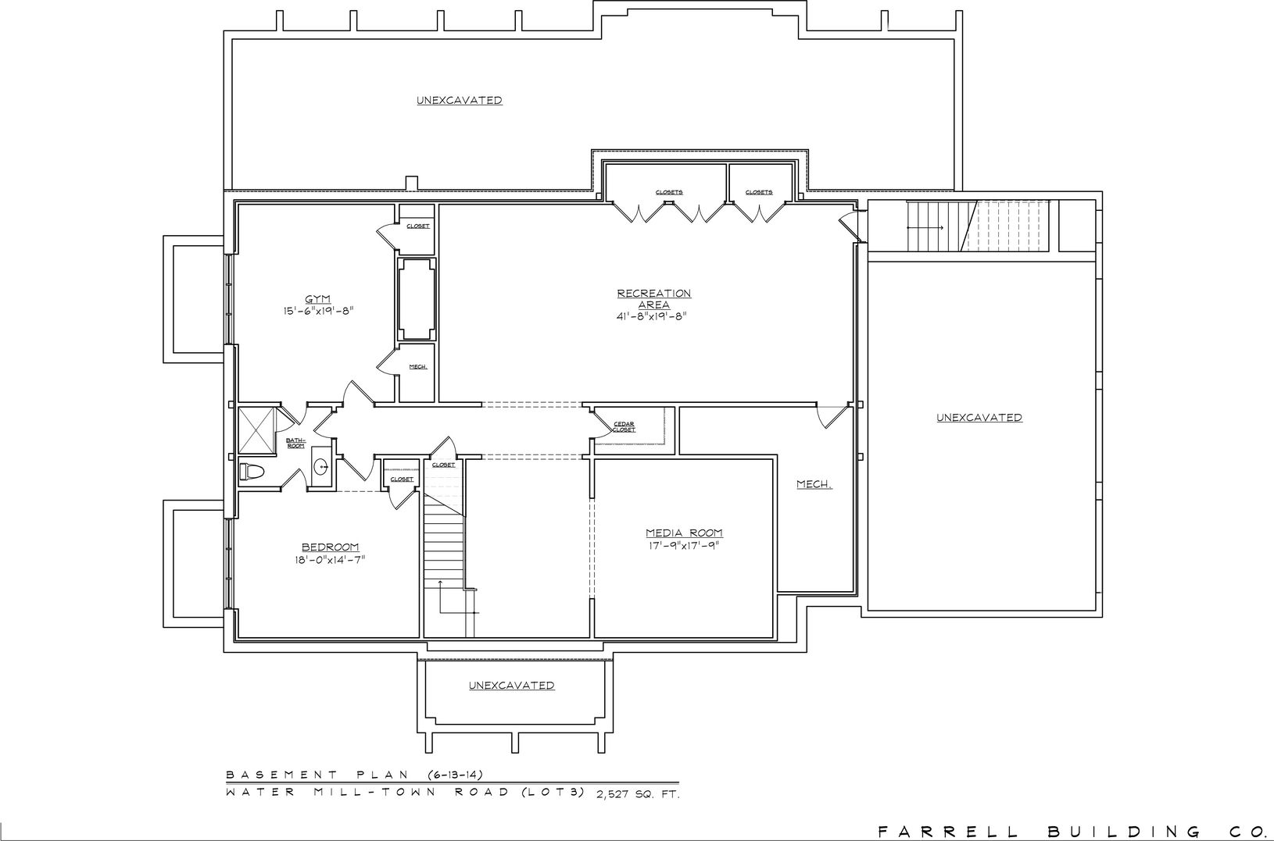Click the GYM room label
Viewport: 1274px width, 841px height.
318,299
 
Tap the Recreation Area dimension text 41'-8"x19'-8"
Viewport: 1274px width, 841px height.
653,317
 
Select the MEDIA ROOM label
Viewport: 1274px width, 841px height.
684,533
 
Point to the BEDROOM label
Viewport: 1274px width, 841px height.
331,547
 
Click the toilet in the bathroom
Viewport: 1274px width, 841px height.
252,472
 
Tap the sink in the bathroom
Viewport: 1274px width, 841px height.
321,467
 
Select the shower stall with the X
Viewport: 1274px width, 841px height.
256,430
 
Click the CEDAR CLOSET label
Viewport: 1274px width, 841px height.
624,427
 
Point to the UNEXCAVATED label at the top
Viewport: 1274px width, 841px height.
460,101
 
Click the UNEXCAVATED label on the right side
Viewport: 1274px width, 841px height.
979,418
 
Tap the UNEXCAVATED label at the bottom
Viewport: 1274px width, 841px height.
511,686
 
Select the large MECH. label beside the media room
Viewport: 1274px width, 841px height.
814,484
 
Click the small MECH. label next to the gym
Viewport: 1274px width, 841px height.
418,367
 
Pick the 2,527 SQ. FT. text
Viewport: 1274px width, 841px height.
638,794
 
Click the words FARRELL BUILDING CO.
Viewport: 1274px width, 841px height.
1075,832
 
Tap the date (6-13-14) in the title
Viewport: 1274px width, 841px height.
454,775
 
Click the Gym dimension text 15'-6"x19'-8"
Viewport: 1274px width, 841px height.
319,312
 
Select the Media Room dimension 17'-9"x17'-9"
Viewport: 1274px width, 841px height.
684,546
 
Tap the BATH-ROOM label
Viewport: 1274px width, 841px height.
295,443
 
